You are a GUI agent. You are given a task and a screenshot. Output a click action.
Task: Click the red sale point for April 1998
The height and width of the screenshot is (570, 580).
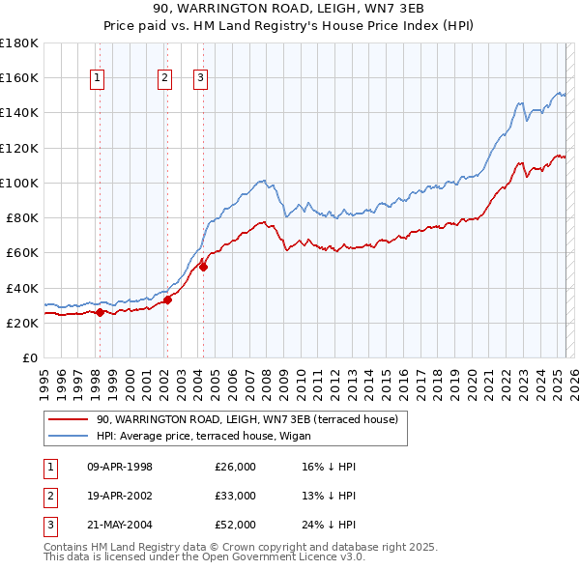[x=100, y=312]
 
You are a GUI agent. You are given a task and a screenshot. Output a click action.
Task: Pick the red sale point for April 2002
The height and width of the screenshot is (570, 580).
[x=167, y=299]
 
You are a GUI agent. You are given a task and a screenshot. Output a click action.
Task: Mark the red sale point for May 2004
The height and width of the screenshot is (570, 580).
[x=203, y=267]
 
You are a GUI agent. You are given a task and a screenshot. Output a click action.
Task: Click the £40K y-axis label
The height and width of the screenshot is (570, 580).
[x=22, y=288]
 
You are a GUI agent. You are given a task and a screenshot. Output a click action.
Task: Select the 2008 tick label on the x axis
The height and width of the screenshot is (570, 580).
[x=265, y=377]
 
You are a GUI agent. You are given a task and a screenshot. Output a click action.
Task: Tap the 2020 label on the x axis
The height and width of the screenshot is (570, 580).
[x=472, y=377]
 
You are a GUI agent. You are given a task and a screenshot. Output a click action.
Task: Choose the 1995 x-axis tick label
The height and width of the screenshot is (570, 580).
[x=43, y=377]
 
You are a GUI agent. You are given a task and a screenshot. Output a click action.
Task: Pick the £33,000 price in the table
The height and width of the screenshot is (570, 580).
[x=235, y=496]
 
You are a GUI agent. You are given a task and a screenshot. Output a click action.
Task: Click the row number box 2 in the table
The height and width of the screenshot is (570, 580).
[x=49, y=496]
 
